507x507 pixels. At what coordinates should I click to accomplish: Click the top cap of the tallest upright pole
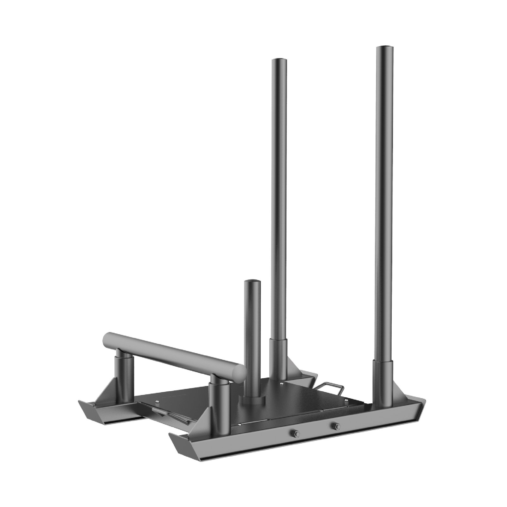coord(384,48)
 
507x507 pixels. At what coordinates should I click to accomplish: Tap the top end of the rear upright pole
coord(279,60)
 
